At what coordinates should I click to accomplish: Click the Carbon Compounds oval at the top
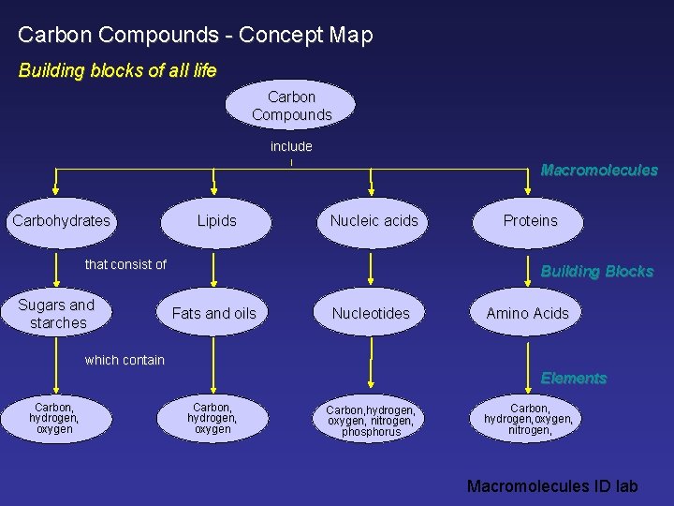(x=291, y=105)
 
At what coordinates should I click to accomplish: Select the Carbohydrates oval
(x=61, y=221)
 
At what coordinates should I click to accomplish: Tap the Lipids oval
(x=216, y=221)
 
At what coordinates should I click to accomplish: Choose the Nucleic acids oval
(x=374, y=221)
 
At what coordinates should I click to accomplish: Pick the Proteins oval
(x=530, y=221)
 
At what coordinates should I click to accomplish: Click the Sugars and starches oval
(x=57, y=314)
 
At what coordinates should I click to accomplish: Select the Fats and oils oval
(x=213, y=313)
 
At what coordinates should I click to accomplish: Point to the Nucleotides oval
(x=371, y=313)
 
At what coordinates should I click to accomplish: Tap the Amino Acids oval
(x=527, y=313)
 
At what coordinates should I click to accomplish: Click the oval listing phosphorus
(x=371, y=421)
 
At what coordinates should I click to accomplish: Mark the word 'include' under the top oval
(x=291, y=146)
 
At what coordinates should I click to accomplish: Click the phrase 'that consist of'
(x=125, y=264)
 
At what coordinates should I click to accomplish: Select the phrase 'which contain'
(x=125, y=360)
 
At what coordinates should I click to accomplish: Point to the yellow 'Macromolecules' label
(x=599, y=171)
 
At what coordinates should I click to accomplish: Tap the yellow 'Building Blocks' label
(x=597, y=272)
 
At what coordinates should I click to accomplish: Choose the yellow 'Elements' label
(x=574, y=379)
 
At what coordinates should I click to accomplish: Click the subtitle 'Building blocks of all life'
(x=118, y=70)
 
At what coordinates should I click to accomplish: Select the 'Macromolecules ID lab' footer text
(x=552, y=485)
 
